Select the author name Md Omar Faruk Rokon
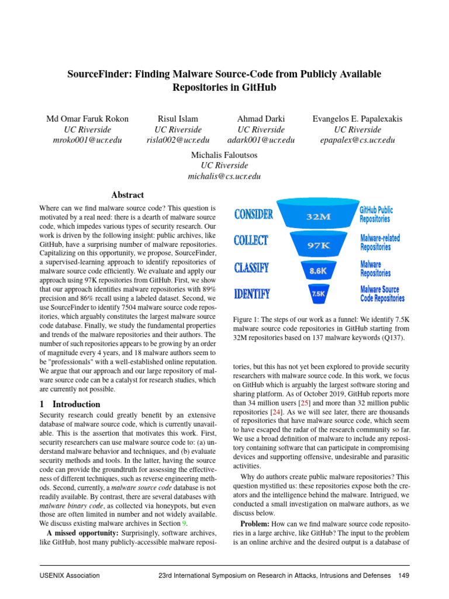point(87,119)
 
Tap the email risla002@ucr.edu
point(178,140)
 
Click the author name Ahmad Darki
point(261,119)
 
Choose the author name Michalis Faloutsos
point(224,155)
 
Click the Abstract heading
point(127,195)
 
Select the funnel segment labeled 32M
point(319,216)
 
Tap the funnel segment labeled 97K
point(319,245)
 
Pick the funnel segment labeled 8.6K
point(318,271)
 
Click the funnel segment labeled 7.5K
point(319,294)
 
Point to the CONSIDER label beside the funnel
point(253,215)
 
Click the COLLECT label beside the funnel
point(251,241)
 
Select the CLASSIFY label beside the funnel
point(251,268)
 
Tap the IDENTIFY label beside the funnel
point(252,294)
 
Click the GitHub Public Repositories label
point(376,214)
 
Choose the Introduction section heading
point(76,404)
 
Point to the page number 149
point(403,576)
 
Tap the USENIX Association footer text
point(70,576)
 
